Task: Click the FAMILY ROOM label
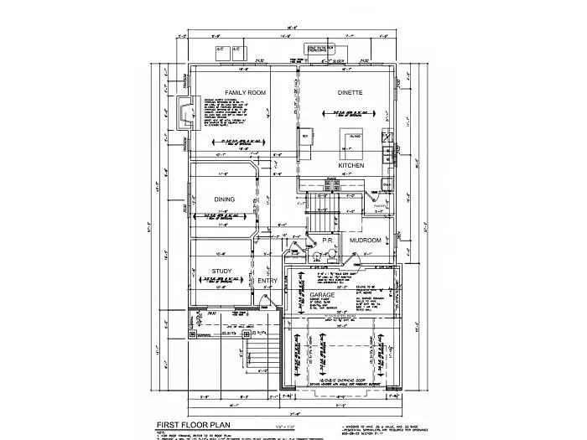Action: coord(245,92)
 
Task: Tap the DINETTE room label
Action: coord(350,92)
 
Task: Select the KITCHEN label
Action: coord(350,166)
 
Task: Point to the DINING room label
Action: coord(223,199)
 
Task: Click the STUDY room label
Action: coord(221,271)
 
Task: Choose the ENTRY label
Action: coord(269,280)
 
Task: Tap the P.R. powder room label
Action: coord(329,241)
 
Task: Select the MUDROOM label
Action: coord(366,241)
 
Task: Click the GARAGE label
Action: coord(323,297)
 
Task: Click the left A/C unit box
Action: coord(221,50)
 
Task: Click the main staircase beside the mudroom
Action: coord(323,205)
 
